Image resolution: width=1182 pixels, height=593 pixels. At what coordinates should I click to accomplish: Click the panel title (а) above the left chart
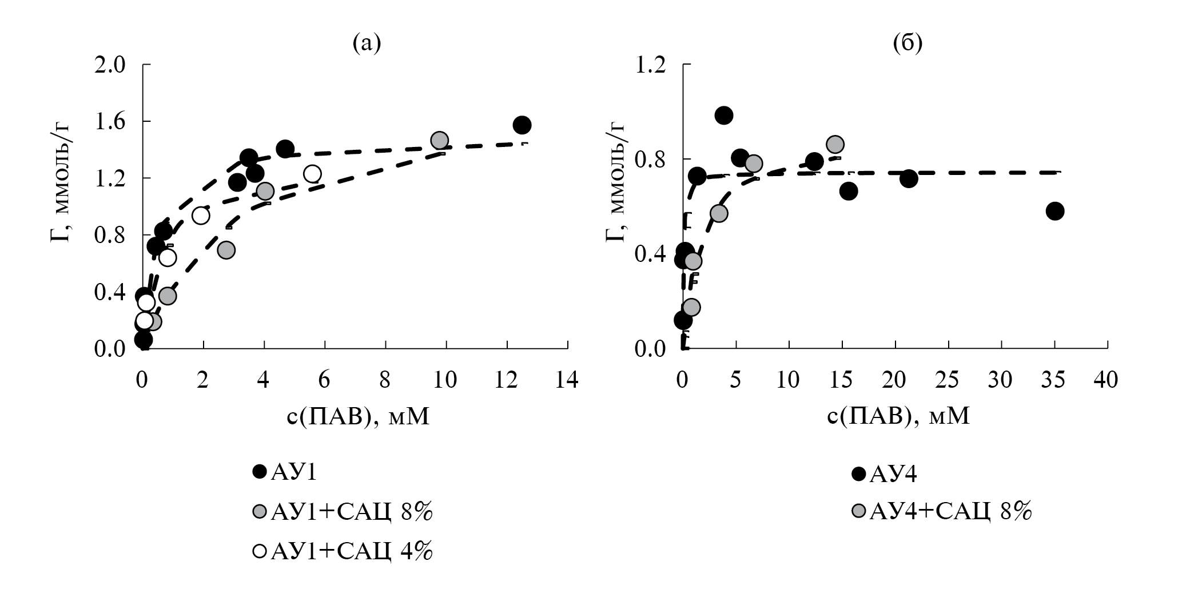[367, 43]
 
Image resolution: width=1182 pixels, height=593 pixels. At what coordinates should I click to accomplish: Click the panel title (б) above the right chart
[908, 43]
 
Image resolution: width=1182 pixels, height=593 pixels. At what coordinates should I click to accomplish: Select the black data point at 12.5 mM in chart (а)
[522, 125]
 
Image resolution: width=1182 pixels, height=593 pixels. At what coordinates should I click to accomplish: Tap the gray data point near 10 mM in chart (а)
[439, 140]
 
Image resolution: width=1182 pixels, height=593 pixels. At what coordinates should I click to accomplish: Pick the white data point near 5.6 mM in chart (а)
[312, 173]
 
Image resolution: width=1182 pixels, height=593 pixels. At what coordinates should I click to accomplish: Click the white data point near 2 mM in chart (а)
[200, 216]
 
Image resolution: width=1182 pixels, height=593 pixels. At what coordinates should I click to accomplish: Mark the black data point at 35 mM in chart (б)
[1054, 211]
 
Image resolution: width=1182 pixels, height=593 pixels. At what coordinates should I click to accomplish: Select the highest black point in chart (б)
[723, 116]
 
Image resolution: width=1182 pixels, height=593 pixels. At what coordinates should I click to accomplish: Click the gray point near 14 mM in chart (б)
[835, 144]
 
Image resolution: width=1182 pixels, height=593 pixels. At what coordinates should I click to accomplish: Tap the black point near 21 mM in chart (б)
[909, 178]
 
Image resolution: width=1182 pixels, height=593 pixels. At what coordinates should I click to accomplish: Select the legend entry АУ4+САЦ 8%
[942, 511]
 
